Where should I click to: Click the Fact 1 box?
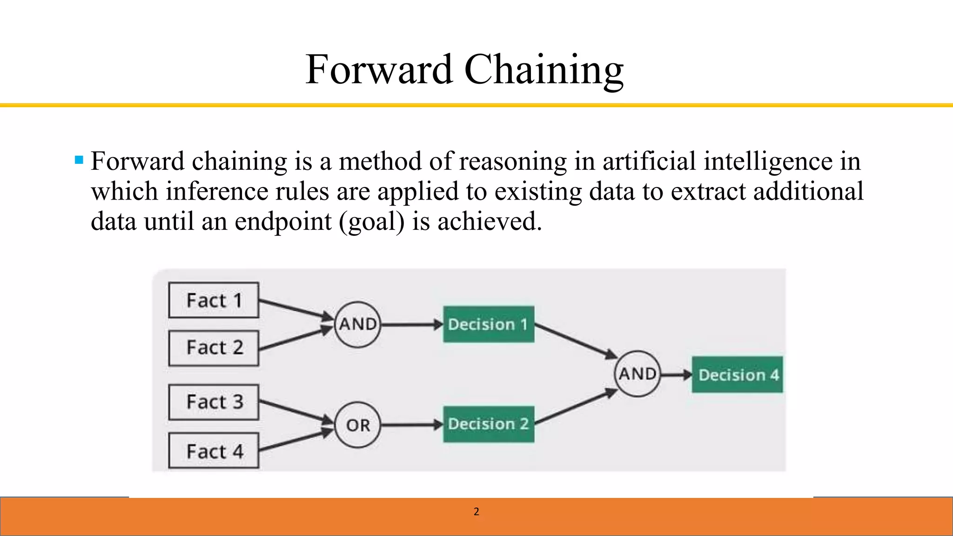tap(214, 300)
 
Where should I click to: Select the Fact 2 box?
tap(214, 348)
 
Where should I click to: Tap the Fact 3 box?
tap(214, 402)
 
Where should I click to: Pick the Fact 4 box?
tap(214, 451)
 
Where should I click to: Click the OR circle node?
tap(357, 425)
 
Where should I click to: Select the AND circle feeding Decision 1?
tap(357, 324)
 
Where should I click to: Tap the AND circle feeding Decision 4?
tap(637, 374)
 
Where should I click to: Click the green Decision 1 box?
tap(488, 324)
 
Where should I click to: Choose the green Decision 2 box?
tap(488, 424)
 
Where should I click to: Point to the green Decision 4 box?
tap(737, 375)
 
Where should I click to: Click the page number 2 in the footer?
tap(476, 512)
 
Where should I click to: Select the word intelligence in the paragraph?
tap(768, 161)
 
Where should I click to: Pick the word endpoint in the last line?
tap(283, 221)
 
